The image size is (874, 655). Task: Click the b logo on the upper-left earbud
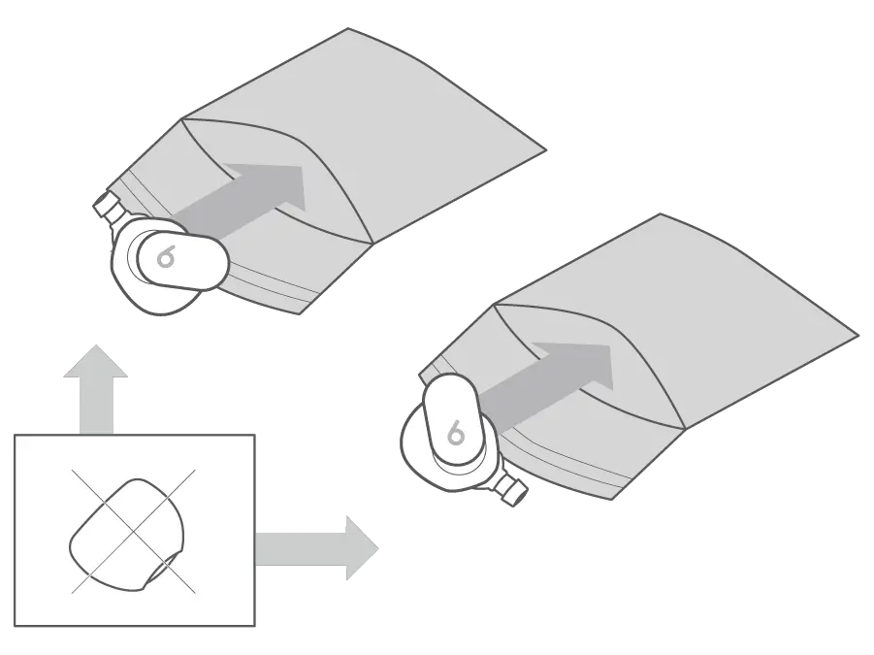[x=166, y=258]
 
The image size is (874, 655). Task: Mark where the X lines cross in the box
[x=132, y=532]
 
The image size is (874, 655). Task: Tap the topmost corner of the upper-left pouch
[x=349, y=30]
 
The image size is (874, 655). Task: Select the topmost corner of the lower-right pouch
[x=663, y=215]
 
